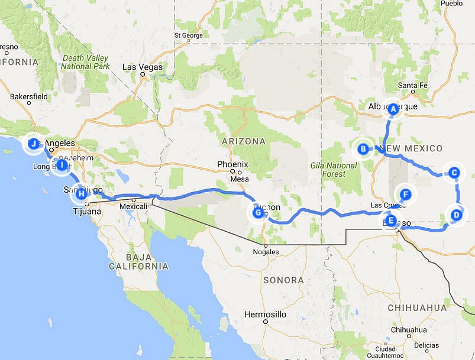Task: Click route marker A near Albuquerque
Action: (392, 109)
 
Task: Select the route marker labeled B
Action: (363, 149)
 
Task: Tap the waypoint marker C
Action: (454, 173)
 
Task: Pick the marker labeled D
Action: (455, 215)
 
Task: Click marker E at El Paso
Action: (391, 220)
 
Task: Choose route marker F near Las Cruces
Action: (405, 194)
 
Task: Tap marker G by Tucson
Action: (257, 213)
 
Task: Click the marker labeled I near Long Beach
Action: (61, 166)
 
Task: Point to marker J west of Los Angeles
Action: (34, 144)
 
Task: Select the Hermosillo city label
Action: (266, 314)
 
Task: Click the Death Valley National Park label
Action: (85, 62)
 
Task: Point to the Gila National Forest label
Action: (334, 170)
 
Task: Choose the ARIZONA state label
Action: (243, 141)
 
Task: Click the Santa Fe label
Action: (412, 85)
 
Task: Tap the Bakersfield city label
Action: (28, 96)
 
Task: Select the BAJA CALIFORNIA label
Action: (138, 262)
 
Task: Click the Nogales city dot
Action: (266, 245)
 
